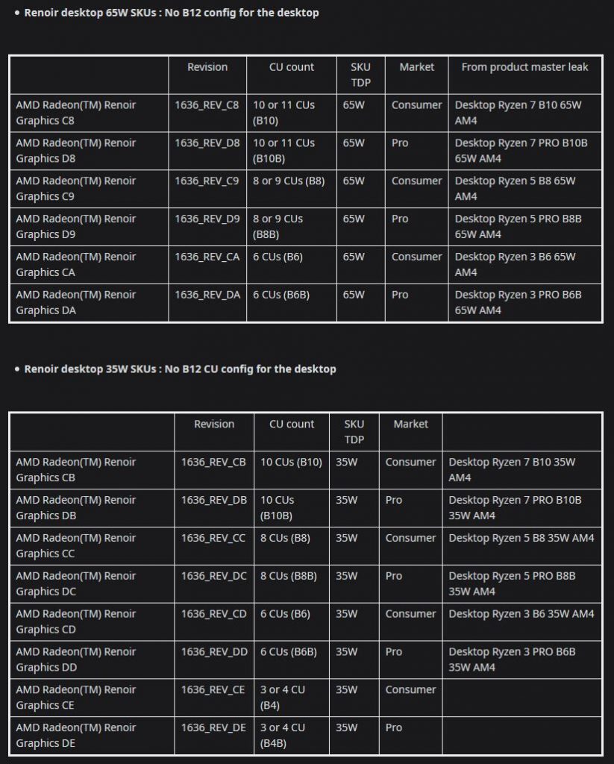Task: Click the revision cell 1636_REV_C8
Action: tap(207, 105)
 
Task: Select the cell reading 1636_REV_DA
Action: tap(207, 295)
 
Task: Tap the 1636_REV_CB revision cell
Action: tap(213, 462)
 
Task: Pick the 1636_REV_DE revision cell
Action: tap(213, 727)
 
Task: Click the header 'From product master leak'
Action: tap(524, 67)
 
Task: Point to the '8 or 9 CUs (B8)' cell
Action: tap(289, 181)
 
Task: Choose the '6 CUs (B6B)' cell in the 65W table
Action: tap(281, 295)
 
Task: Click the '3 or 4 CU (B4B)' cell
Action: tap(283, 735)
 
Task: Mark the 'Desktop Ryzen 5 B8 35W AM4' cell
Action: tap(521, 538)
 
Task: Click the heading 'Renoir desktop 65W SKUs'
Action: tap(171, 13)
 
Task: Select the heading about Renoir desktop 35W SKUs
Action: tap(180, 369)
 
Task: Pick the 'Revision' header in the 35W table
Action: tap(214, 424)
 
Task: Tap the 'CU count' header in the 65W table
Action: tap(292, 67)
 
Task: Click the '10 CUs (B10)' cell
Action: tap(291, 462)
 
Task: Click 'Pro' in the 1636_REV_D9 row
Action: tap(400, 219)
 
